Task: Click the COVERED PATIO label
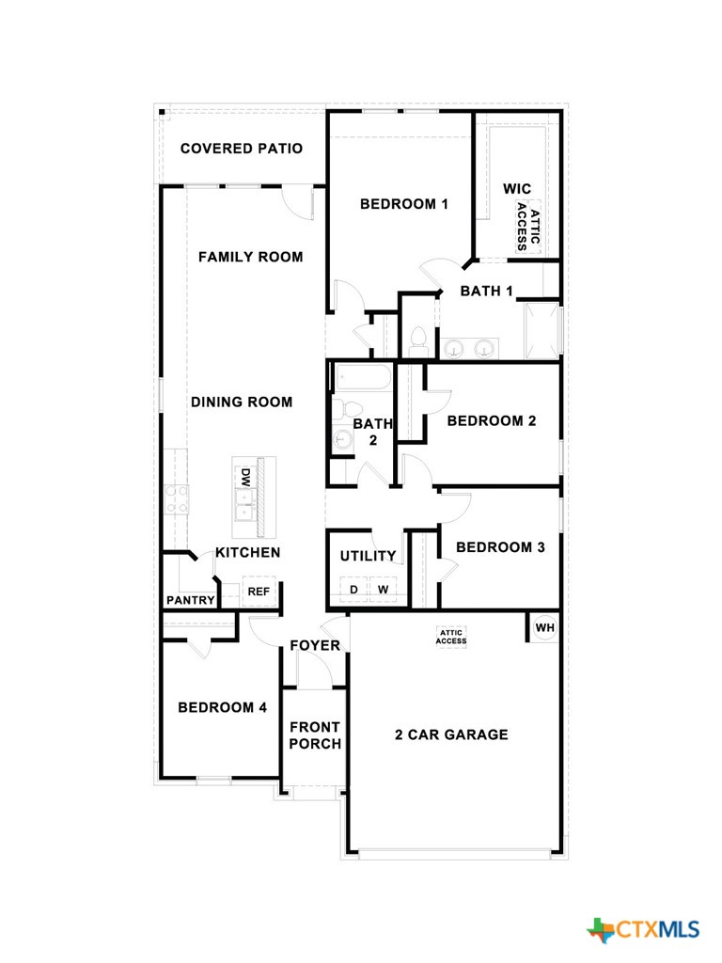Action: [242, 149]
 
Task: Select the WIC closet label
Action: [517, 189]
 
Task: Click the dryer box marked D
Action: [354, 590]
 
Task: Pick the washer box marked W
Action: [383, 590]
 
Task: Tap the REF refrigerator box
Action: [258, 592]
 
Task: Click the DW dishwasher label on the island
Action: [244, 478]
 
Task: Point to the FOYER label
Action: [314, 646]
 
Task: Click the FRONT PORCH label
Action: [314, 735]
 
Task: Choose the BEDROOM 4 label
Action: [215, 707]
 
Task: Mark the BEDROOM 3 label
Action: [500, 547]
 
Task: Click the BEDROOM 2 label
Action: [491, 420]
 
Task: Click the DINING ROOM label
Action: [242, 402]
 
